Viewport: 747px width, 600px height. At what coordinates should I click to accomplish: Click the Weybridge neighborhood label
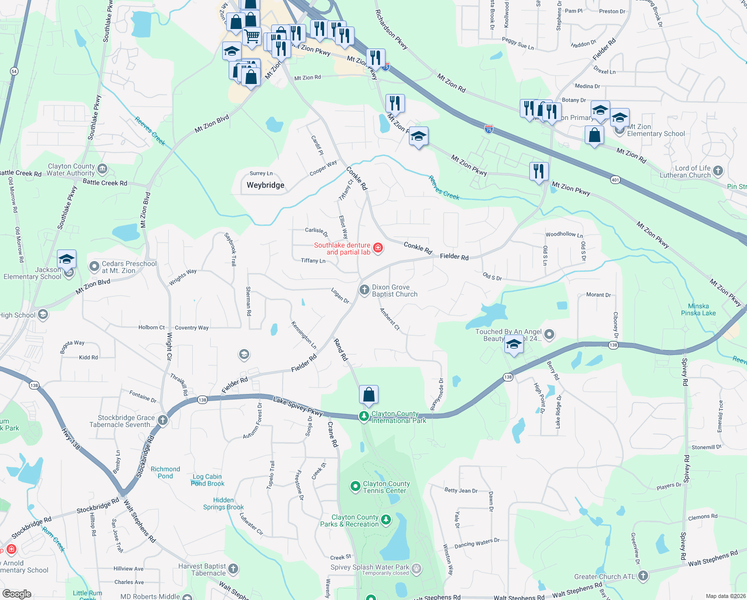click(265, 185)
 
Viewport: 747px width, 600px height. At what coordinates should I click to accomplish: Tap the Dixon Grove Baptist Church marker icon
click(365, 289)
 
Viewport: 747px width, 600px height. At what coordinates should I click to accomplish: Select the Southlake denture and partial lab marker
click(378, 248)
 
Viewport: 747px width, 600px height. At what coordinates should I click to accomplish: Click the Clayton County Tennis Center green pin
click(355, 486)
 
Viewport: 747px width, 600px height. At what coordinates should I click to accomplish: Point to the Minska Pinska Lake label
click(698, 309)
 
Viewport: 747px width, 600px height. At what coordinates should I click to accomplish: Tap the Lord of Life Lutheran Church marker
click(718, 171)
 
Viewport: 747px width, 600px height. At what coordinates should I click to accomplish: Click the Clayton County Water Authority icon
click(102, 169)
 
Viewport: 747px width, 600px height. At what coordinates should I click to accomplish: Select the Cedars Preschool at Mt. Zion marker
click(94, 266)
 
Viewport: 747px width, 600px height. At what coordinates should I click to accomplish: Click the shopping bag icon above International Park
click(369, 395)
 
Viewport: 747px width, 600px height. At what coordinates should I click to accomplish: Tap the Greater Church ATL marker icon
click(643, 576)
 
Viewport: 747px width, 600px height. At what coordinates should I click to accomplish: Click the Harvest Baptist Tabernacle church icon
click(233, 568)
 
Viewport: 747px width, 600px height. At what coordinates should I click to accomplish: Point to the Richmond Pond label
click(165, 472)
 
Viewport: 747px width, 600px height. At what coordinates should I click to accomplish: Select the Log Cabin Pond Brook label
click(207, 480)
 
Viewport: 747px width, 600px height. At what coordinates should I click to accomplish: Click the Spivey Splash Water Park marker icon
click(416, 568)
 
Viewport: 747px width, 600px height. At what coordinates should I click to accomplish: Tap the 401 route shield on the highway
click(615, 179)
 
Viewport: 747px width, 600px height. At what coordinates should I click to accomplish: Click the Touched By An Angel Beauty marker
click(549, 334)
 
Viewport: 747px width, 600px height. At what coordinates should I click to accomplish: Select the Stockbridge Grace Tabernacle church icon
click(163, 420)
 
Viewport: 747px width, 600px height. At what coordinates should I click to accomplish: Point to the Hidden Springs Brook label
click(223, 503)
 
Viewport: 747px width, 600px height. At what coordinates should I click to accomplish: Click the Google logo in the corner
click(17, 593)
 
